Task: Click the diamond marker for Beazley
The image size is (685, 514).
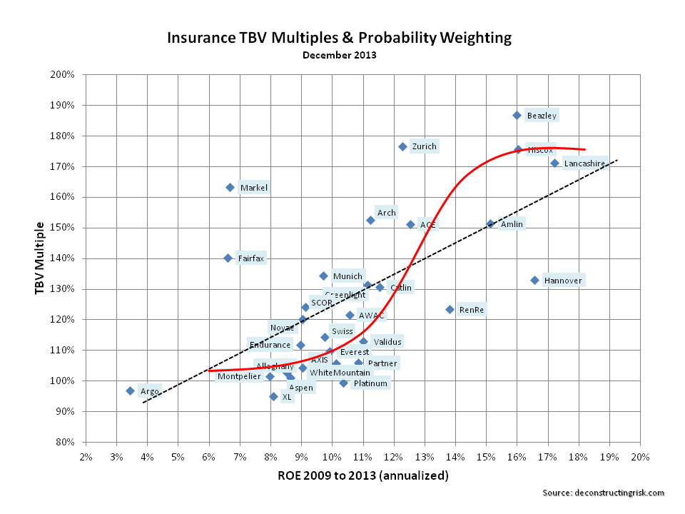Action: click(517, 115)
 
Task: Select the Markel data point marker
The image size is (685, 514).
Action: click(230, 187)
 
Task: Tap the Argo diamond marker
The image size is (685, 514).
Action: click(130, 390)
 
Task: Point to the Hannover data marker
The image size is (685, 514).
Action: click(534, 280)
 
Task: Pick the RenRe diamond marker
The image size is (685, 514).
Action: click(450, 309)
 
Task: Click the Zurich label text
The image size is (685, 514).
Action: click(424, 146)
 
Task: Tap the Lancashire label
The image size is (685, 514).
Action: click(584, 163)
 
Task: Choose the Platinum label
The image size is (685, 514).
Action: click(370, 383)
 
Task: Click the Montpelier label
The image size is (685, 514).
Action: click(239, 376)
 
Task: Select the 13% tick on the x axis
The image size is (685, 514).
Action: click(424, 457)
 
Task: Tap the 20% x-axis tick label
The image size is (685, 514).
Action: click(639, 457)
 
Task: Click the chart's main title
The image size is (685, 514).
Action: click(339, 37)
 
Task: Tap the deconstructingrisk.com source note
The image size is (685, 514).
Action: click(603, 493)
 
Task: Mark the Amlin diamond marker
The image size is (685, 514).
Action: click(490, 223)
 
